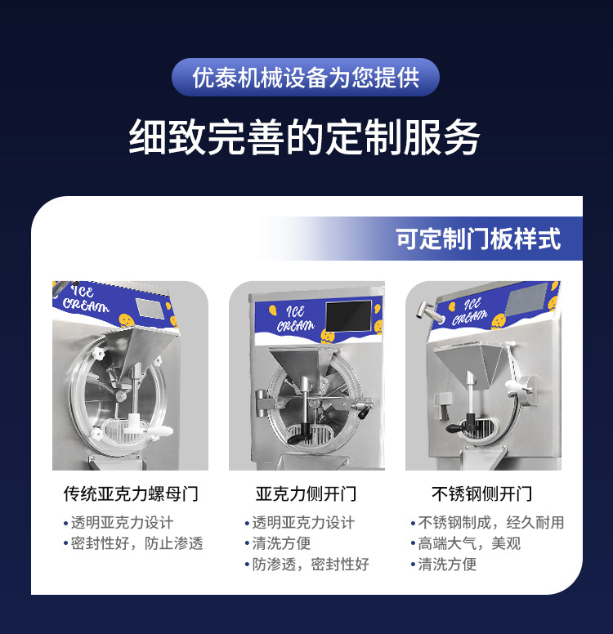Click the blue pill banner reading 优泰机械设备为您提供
point(306,78)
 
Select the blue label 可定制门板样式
point(478,239)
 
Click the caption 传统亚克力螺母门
point(131,494)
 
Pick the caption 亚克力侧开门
point(306,494)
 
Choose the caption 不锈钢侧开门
point(482,494)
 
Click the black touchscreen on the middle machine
point(348,315)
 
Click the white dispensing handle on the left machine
point(159,431)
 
